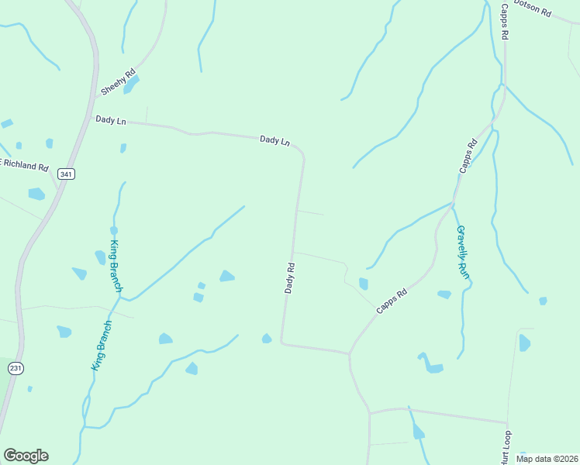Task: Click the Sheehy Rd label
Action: tap(119, 81)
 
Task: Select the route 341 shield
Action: tap(66, 174)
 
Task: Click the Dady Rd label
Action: tap(289, 277)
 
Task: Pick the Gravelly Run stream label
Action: tap(463, 252)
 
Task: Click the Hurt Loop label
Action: tap(507, 448)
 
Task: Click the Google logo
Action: tap(26, 456)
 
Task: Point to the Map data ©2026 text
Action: tap(547, 459)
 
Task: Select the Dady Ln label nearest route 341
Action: tap(110, 120)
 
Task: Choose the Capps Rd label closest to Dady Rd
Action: tap(392, 301)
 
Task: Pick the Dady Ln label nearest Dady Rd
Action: tap(274, 140)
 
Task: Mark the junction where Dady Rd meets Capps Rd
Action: tap(350, 353)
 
